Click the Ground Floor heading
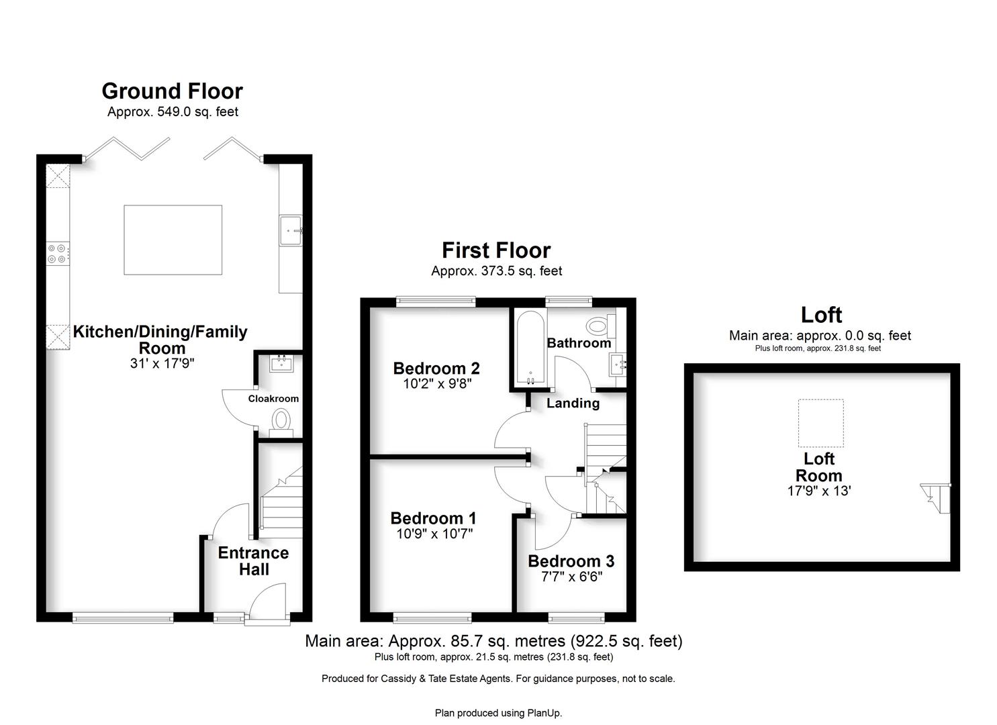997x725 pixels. point(173,91)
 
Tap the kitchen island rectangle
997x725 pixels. point(173,240)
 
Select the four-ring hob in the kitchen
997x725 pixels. point(58,254)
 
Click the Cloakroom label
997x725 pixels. point(273,399)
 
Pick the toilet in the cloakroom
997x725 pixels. point(281,423)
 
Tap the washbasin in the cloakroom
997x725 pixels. point(281,363)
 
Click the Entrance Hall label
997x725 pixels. point(254,561)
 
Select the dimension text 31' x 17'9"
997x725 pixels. point(162,363)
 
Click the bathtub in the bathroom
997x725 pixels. point(530,348)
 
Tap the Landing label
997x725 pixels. point(573,403)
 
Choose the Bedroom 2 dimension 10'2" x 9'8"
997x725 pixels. point(437,383)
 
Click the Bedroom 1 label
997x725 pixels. point(434,518)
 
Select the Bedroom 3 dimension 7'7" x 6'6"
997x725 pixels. point(571,577)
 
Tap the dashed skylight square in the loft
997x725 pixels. point(820,423)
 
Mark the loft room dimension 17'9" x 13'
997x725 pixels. point(819,491)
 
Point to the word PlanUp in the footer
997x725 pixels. point(544,713)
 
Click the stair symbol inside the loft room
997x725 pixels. point(935,499)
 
